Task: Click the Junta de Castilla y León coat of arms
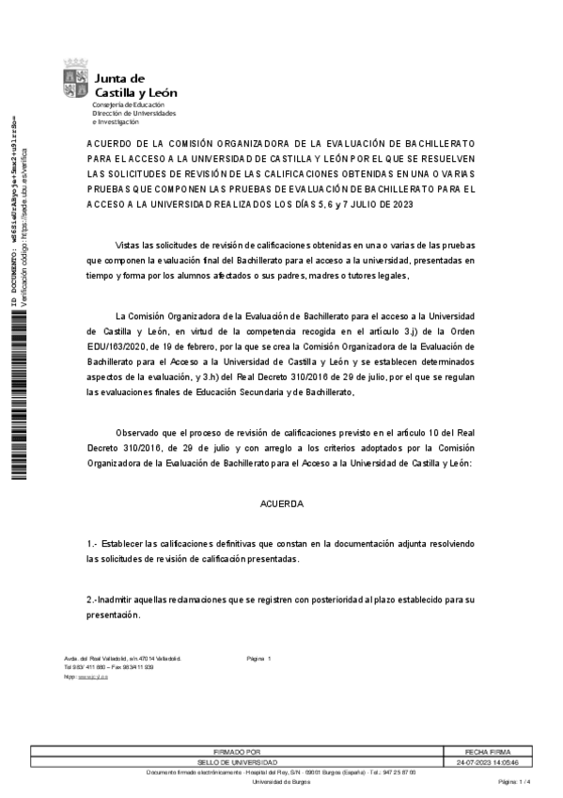[76, 79]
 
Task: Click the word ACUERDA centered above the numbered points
[282, 504]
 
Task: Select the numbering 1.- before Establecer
[92, 545]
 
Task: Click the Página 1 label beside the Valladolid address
[258, 659]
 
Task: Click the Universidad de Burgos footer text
[289, 782]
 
